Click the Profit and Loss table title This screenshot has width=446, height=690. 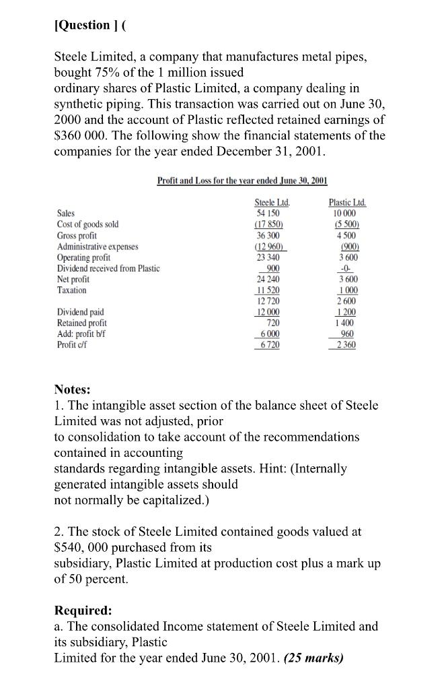[x=241, y=180]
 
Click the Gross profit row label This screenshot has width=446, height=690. [x=77, y=235]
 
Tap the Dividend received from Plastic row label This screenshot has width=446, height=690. [x=108, y=268]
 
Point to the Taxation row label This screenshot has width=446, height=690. [x=72, y=290]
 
